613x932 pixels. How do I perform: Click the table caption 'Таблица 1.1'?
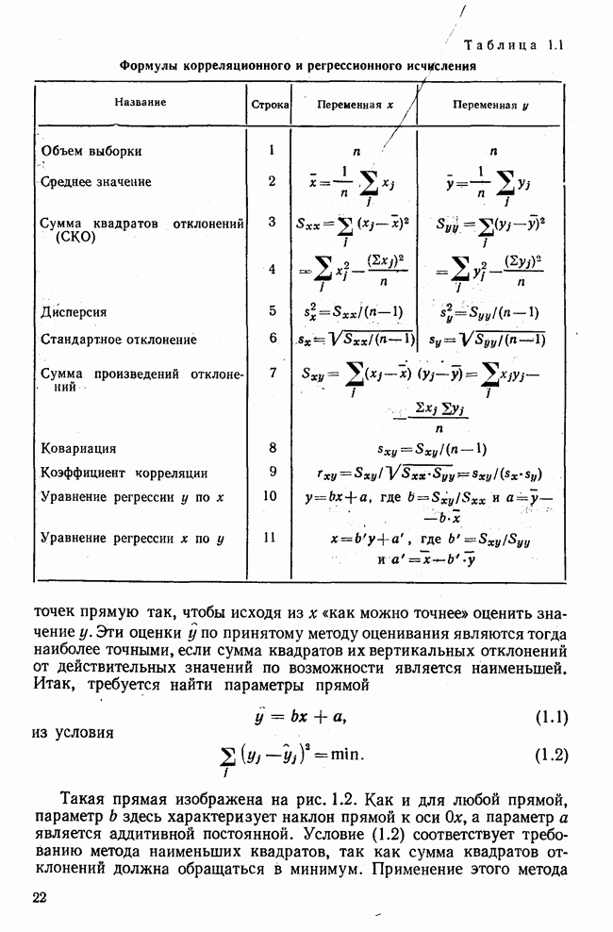point(514,45)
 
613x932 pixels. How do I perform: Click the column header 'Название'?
point(141,102)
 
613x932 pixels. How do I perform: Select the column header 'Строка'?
point(270,104)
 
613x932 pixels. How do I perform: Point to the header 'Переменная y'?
point(489,105)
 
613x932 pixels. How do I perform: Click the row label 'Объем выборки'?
point(91,151)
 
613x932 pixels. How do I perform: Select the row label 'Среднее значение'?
point(96,181)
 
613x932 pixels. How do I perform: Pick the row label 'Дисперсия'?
point(74,311)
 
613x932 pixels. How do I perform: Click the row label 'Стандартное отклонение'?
point(119,340)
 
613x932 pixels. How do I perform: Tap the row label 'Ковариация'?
point(79,449)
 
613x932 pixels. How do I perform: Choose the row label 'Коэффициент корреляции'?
point(124,474)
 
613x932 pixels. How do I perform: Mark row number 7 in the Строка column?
point(271,374)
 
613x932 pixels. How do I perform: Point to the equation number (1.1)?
point(551,717)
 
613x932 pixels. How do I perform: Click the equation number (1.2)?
point(551,755)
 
